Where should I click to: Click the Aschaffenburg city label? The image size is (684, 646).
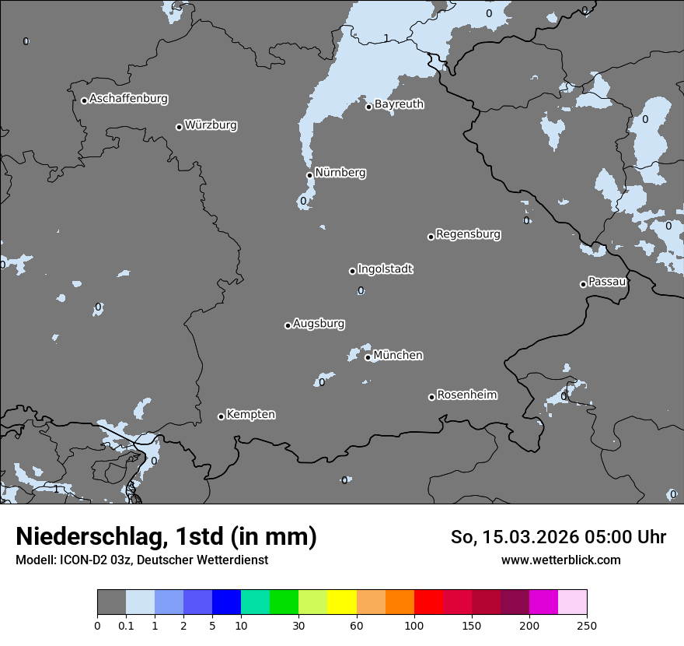(128, 99)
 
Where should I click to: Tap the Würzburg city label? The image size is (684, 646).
(211, 125)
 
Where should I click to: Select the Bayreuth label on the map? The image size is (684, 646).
(399, 104)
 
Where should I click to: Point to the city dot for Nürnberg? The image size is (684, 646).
(309, 175)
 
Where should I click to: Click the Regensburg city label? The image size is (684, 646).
(468, 234)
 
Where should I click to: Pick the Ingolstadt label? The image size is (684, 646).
(385, 269)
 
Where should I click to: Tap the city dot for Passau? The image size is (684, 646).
(583, 284)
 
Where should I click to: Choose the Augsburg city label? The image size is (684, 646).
(319, 324)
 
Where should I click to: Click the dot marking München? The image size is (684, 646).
(368, 357)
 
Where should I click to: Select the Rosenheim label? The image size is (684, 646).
(466, 395)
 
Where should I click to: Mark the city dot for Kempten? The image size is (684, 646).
(221, 416)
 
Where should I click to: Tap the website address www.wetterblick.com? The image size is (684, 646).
(560, 560)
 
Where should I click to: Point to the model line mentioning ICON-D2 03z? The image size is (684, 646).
(141, 560)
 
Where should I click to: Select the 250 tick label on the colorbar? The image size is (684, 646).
(587, 625)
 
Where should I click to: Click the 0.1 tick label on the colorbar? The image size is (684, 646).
(126, 625)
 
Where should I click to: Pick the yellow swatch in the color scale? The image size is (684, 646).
(342, 602)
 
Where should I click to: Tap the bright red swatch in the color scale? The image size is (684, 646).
(428, 602)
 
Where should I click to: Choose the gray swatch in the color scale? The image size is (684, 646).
(111, 602)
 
